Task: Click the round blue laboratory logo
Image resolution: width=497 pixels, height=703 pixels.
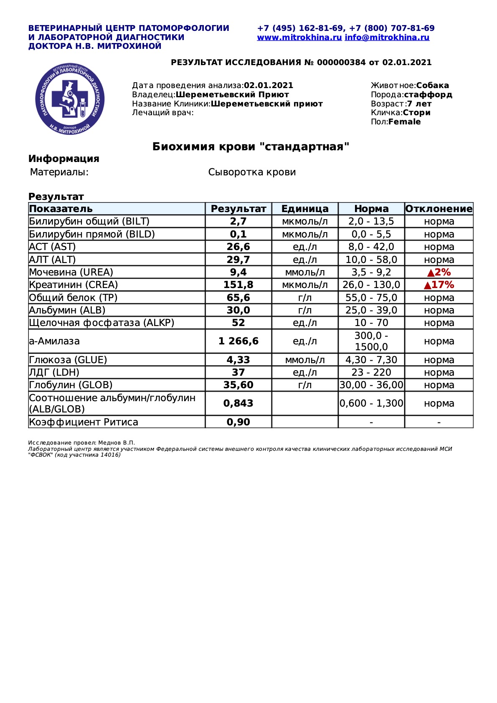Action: coord(70,99)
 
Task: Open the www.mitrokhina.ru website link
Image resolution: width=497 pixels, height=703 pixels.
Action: coord(299,38)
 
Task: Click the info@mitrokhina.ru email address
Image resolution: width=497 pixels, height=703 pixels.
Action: coord(387,38)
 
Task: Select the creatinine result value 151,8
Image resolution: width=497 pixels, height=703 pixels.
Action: coord(238,285)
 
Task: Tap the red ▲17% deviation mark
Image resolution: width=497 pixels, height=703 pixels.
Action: coord(439,285)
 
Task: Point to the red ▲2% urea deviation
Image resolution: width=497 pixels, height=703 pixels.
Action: coord(439,273)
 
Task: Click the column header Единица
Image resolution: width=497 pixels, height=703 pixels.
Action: coord(305,209)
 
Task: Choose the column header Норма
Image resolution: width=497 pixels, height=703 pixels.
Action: coord(371,209)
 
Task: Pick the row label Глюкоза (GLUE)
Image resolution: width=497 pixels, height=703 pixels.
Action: coord(68,360)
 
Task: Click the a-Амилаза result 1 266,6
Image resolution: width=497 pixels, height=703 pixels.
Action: coord(238,341)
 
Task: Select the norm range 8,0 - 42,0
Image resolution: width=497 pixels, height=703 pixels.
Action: coord(371,247)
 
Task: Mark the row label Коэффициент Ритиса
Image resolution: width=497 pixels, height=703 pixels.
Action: coord(84,422)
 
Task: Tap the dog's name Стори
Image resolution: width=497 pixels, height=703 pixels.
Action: coord(416,113)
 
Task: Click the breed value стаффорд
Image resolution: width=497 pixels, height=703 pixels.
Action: coord(428,95)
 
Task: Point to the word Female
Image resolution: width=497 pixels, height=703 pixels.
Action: coord(404,122)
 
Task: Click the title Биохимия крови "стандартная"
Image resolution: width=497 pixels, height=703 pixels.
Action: coord(251,147)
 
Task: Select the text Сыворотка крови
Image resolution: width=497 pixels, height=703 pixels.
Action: coord(252,172)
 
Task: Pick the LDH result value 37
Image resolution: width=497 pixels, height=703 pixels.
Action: coord(238,372)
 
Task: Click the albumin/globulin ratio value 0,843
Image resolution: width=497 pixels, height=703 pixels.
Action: coord(238,403)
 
